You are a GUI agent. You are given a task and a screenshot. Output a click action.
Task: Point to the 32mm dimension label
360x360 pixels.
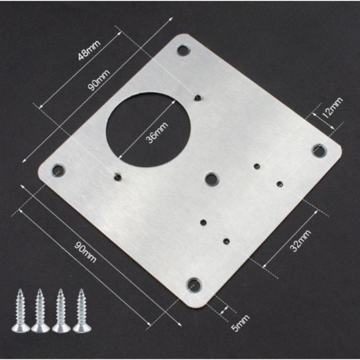tap(299, 241)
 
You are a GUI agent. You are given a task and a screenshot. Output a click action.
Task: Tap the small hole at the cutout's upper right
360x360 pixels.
tap(197, 98)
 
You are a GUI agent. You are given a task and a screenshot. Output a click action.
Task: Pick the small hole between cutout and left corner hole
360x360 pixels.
tap(117, 176)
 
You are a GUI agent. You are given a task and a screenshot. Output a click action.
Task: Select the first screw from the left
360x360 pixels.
tap(19, 310)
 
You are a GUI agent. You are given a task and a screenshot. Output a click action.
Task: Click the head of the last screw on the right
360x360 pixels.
tap(81, 328)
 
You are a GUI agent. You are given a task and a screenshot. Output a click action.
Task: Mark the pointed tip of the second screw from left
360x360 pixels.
tap(40, 291)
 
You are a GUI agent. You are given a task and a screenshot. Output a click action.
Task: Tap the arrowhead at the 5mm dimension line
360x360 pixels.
tap(226, 309)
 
